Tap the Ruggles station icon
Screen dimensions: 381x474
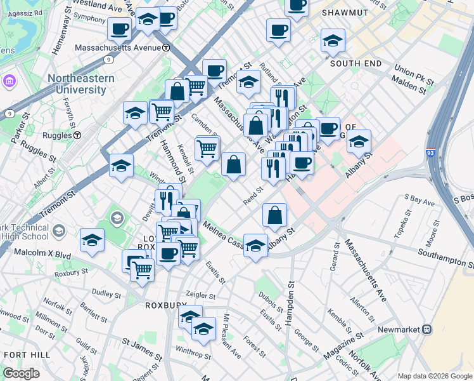coord(77,135)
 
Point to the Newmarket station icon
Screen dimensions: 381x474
coord(427,330)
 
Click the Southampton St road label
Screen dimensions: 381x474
coord(445,258)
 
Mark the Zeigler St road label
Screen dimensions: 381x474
coord(200,295)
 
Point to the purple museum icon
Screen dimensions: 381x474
coord(10,81)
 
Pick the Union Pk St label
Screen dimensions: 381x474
coord(413,75)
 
